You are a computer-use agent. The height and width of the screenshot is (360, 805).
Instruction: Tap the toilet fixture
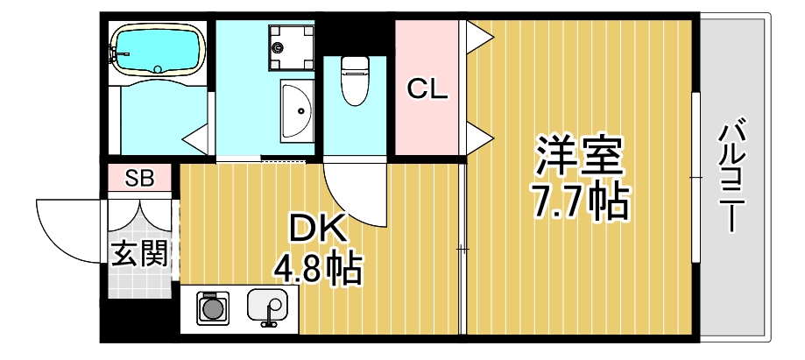tap(354, 80)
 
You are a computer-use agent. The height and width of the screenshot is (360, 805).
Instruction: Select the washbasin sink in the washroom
tap(296, 110)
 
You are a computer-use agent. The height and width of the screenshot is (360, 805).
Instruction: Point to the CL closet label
tap(428, 88)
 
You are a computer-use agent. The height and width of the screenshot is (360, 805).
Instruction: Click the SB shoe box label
tap(139, 179)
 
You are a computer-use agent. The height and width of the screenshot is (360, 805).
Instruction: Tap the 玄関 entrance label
tap(139, 253)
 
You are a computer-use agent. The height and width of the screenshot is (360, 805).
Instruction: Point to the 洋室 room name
tap(580, 156)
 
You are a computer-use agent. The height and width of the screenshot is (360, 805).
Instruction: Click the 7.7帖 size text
tap(580, 203)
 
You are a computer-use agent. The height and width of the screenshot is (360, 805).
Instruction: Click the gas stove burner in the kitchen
tap(211, 308)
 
